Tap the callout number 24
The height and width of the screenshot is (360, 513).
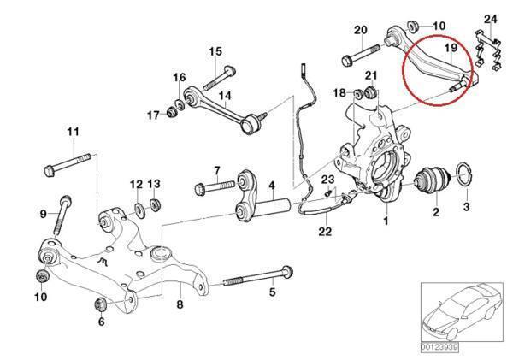click(x=490, y=19)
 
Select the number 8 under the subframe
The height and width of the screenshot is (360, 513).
click(x=180, y=304)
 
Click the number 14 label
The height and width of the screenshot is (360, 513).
click(x=226, y=95)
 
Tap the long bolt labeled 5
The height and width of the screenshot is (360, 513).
click(x=256, y=280)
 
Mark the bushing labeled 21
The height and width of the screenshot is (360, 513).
click(x=371, y=92)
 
